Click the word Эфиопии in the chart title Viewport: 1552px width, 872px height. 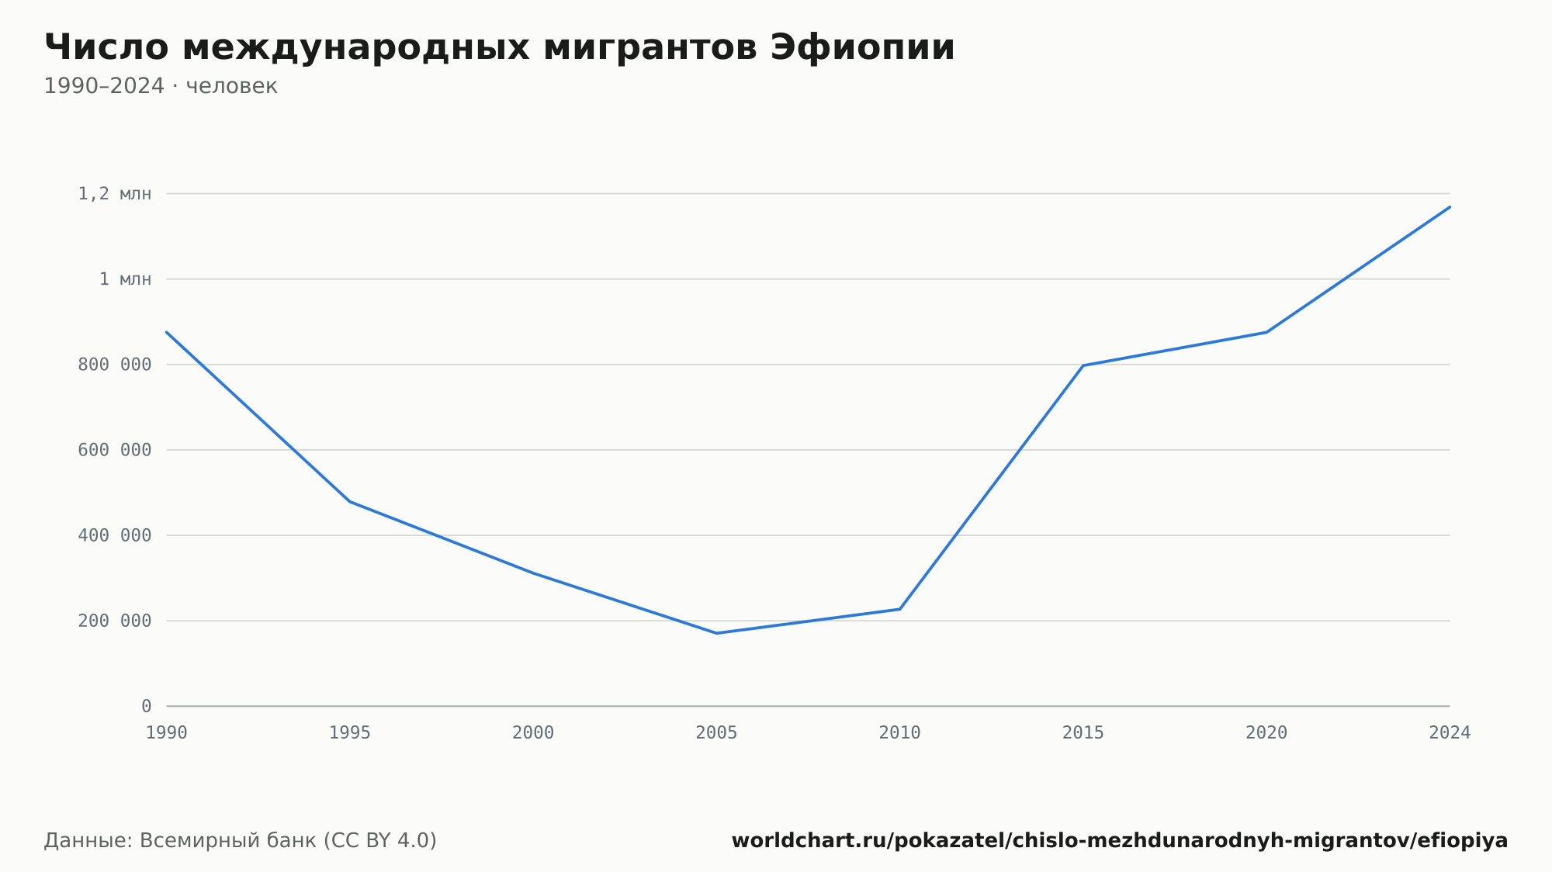862,47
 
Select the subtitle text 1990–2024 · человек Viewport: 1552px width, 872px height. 161,86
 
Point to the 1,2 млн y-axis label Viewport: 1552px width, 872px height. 115,194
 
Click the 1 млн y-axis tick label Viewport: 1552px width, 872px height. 125,279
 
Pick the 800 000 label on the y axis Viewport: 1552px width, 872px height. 115,365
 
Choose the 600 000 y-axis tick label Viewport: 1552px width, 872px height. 115,450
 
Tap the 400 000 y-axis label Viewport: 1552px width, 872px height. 115,535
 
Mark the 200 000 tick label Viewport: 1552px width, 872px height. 115,621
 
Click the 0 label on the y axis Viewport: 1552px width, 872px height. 147,706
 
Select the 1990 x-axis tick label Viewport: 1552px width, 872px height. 167,733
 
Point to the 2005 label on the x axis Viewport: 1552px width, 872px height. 716,733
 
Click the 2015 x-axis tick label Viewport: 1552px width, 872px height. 1083,733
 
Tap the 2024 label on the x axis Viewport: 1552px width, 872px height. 1450,733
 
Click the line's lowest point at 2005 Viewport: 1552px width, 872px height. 716,633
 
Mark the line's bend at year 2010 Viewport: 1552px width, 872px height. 900,609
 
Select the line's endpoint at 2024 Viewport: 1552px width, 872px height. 1450,206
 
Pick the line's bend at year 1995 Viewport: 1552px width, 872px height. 350,501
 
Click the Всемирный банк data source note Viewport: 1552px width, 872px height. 241,841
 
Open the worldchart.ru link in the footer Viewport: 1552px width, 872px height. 1120,841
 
